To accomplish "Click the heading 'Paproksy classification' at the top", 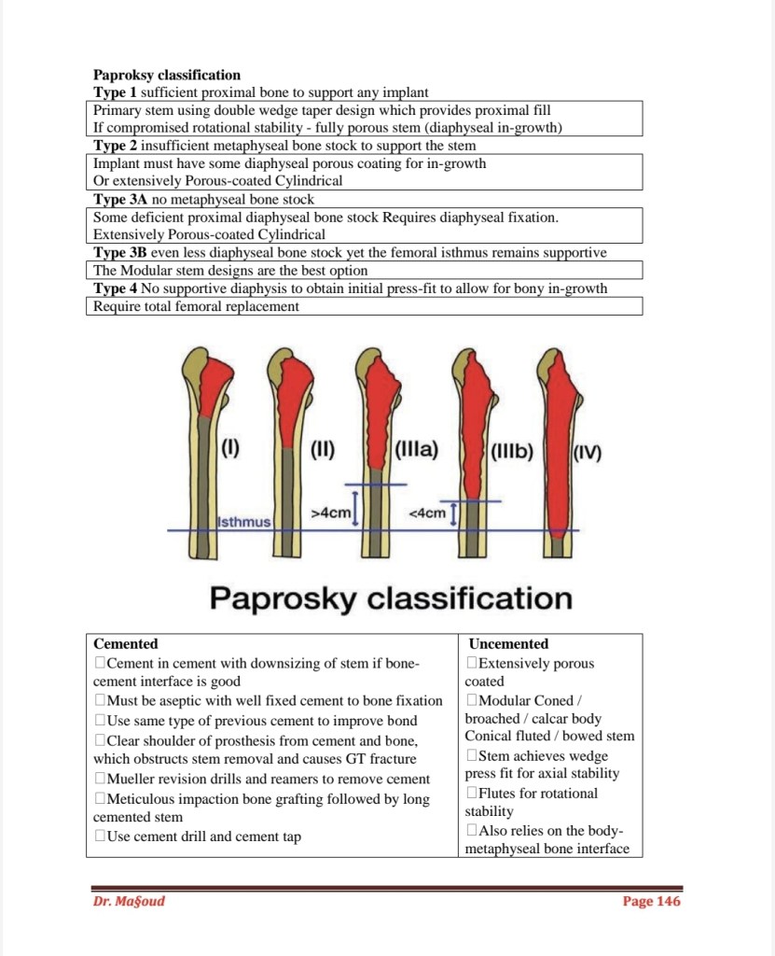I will pyautogui.click(x=167, y=75).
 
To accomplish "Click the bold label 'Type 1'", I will pyautogui.click(x=115, y=92).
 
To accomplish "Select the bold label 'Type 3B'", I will pyautogui.click(x=120, y=253).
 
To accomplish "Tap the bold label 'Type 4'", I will pyautogui.click(x=115, y=288).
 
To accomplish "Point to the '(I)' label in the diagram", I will pyautogui.click(x=229, y=451).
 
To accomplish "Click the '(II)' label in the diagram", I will pyautogui.click(x=322, y=451).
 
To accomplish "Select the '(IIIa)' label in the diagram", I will pyautogui.click(x=417, y=451).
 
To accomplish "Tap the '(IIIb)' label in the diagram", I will pyautogui.click(x=511, y=453).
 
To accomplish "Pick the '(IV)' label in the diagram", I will pyautogui.click(x=587, y=455).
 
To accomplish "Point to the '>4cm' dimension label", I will pyautogui.click(x=330, y=513).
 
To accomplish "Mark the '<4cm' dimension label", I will pyautogui.click(x=427, y=513).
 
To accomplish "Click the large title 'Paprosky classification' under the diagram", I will pyautogui.click(x=391, y=597).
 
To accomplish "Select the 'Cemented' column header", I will pyautogui.click(x=126, y=644).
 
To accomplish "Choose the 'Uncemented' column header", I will pyautogui.click(x=508, y=644).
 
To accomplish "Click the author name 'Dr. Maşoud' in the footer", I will pyautogui.click(x=129, y=901).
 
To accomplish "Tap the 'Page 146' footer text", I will pyautogui.click(x=651, y=901).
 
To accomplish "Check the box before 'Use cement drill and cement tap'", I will pyautogui.click(x=100, y=837).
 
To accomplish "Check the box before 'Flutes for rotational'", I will pyautogui.click(x=472, y=794).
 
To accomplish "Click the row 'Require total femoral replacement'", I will pyautogui.click(x=196, y=306).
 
